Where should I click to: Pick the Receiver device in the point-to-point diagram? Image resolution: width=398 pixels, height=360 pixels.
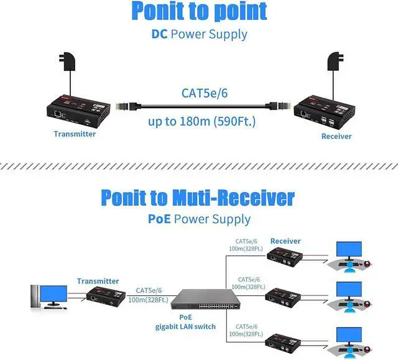[x=325, y=109]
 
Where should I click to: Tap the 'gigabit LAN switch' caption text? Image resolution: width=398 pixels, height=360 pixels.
[x=185, y=326]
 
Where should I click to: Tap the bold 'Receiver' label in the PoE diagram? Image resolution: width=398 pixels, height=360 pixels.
[x=285, y=241]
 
